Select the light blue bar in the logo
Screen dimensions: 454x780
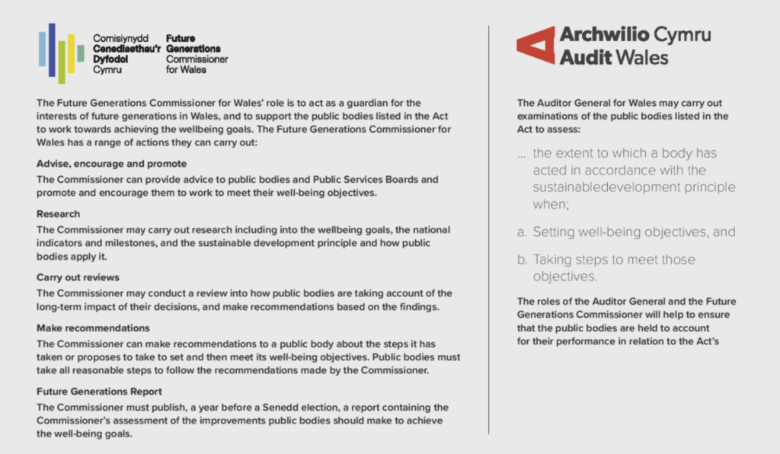click(43, 48)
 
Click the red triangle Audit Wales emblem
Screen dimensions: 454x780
click(535, 45)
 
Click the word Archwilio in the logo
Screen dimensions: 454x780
click(599, 35)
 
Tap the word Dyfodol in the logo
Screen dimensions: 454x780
click(110, 59)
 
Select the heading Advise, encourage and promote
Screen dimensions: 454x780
click(112, 164)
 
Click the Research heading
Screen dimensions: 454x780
click(59, 214)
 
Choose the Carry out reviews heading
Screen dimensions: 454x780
click(78, 277)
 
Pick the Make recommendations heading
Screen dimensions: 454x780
click(93, 328)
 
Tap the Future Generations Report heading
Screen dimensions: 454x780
click(99, 392)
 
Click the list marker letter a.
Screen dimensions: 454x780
click(522, 232)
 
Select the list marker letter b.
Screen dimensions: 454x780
click(522, 260)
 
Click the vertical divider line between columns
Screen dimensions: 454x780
click(488, 229)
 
